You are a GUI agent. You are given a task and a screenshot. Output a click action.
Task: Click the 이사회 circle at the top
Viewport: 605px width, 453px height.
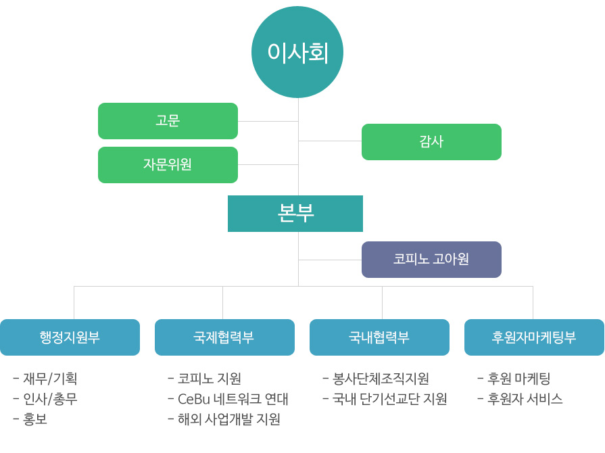297,52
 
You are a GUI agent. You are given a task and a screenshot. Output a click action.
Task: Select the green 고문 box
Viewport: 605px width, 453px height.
168,121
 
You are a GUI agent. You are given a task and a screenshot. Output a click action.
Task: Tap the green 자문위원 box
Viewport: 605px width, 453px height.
168,165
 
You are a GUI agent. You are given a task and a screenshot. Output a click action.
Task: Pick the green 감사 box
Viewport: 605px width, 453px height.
431,141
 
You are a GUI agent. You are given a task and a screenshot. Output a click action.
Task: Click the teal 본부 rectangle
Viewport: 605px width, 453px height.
295,214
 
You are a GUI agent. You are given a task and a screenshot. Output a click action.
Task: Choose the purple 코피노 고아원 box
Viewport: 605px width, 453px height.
431,260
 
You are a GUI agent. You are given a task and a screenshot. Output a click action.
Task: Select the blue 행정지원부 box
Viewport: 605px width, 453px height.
70,337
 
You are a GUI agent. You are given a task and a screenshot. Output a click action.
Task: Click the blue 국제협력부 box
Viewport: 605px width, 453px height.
224,337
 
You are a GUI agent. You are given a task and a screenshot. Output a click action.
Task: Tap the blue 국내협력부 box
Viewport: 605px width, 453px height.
379,337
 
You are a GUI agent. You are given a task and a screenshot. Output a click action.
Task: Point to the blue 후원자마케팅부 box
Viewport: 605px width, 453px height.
534,337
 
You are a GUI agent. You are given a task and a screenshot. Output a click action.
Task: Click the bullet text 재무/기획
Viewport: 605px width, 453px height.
50,379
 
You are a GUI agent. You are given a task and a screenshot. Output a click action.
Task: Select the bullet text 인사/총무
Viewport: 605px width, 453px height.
50,399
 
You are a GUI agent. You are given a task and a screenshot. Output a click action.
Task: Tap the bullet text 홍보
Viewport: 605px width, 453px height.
35,419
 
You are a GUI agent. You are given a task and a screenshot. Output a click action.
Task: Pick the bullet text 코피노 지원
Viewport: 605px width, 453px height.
210,379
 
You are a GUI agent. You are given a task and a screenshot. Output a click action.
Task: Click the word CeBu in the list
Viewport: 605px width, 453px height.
194,399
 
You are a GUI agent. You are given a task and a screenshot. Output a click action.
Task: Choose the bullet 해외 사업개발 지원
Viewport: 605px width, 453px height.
229,419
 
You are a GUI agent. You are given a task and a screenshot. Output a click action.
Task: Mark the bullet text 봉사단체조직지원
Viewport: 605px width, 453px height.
381,379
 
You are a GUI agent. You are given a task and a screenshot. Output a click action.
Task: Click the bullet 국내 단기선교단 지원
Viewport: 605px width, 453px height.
389,399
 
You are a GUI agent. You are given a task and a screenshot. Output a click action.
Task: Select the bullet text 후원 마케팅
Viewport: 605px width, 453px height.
519,379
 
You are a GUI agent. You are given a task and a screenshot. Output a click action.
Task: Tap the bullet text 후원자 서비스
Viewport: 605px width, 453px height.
525,399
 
